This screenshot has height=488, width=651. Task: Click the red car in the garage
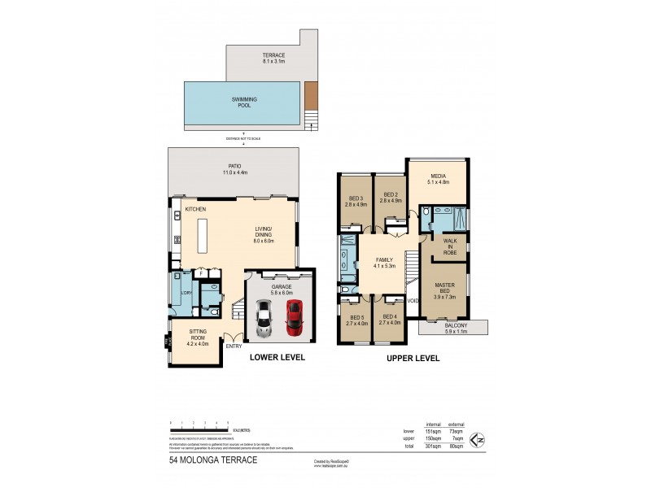tap(293, 317)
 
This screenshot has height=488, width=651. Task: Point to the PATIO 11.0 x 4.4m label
tap(235, 170)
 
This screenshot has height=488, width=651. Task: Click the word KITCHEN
tap(196, 209)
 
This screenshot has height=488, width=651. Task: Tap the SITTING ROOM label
tap(199, 338)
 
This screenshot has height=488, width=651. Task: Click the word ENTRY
tap(234, 346)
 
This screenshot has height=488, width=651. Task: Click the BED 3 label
tap(356, 203)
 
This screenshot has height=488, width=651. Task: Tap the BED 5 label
tap(356, 320)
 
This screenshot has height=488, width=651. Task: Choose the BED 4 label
tap(390, 320)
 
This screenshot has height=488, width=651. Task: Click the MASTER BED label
tap(445, 290)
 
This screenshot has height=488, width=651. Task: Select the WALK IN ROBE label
tap(450, 246)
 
